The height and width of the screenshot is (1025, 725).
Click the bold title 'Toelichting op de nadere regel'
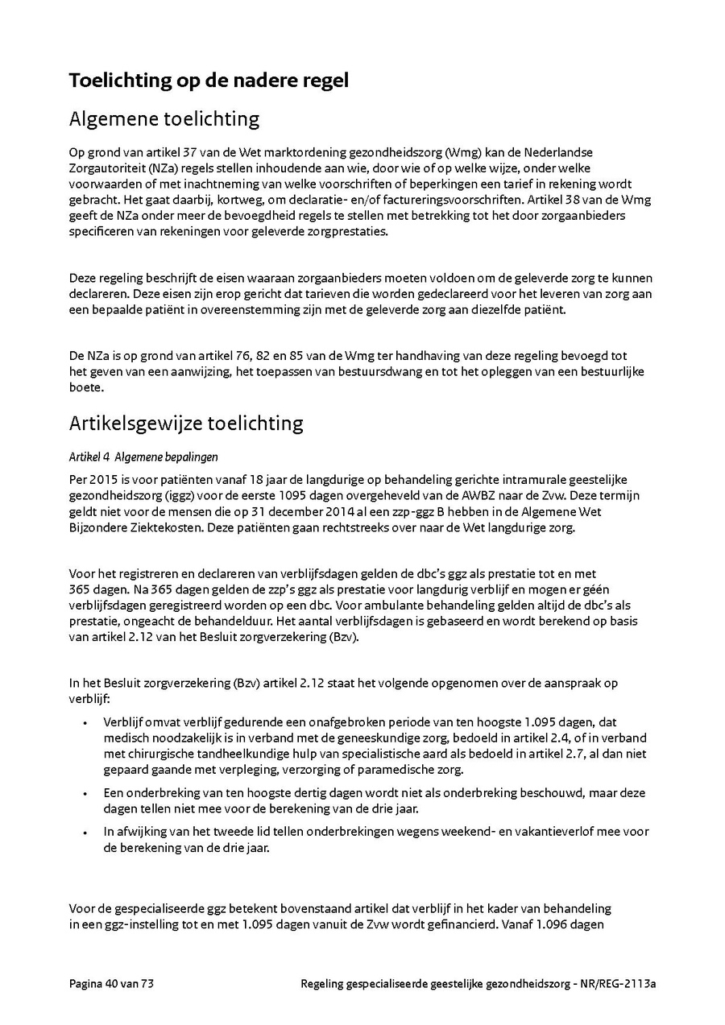tap(209, 81)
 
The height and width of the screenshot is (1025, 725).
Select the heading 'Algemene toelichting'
tap(164, 119)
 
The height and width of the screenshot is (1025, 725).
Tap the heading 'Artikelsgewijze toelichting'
tap(185, 423)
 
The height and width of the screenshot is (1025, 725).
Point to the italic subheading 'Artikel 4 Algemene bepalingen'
tap(143, 457)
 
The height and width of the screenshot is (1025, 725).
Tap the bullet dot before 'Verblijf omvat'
tap(85, 724)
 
